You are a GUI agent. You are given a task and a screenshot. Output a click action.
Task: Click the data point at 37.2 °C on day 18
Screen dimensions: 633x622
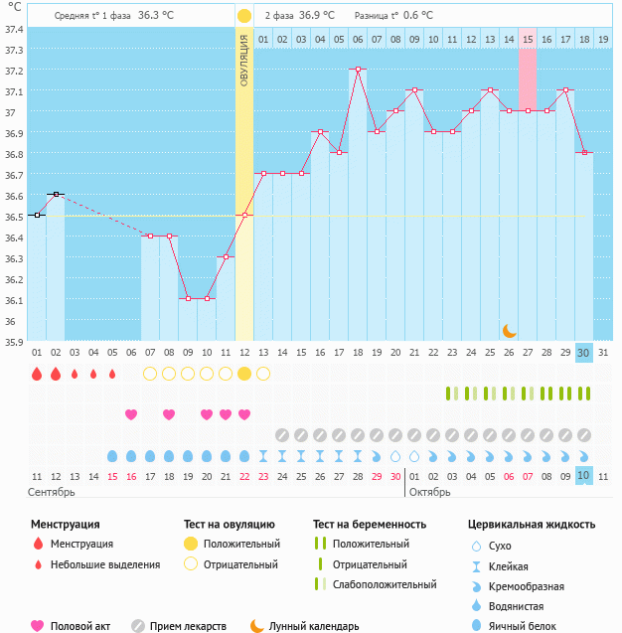pyautogui.click(x=358, y=70)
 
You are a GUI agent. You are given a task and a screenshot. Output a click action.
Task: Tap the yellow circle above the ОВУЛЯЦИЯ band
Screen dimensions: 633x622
pyautogui.click(x=244, y=16)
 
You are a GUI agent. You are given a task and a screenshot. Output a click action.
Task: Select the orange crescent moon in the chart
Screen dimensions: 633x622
pyautogui.click(x=509, y=330)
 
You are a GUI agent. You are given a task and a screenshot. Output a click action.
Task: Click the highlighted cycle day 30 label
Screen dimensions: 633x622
pyautogui.click(x=584, y=353)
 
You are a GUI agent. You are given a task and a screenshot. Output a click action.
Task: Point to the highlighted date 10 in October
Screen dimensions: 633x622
pyautogui.click(x=584, y=476)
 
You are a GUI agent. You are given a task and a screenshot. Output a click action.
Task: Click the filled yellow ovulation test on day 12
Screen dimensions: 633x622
pyautogui.click(x=244, y=374)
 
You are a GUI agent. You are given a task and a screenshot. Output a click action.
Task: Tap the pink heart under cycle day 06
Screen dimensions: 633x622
pyautogui.click(x=131, y=414)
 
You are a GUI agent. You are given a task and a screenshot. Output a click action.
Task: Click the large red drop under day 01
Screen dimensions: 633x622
pyautogui.click(x=37, y=374)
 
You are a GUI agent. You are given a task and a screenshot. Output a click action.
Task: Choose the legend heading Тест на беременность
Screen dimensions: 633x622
pyautogui.click(x=370, y=524)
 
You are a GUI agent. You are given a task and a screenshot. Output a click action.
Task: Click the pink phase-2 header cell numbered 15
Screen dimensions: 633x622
pyautogui.click(x=528, y=39)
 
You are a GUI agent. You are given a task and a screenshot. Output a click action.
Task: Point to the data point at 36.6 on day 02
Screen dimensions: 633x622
pyautogui.click(x=56, y=194)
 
